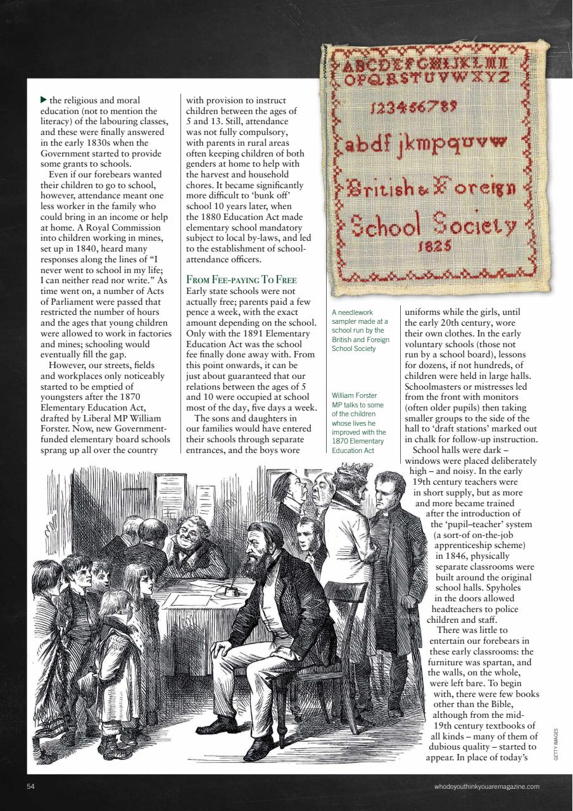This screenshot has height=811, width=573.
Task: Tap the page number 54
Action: pyautogui.click(x=30, y=786)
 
